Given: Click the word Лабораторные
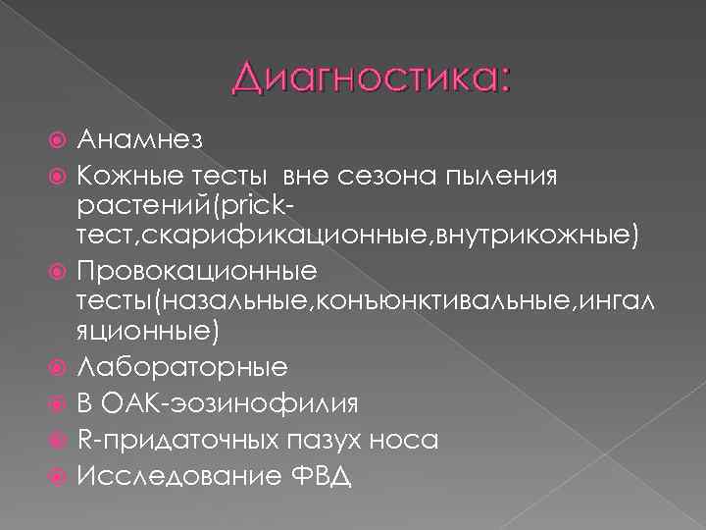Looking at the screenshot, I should click(x=182, y=366).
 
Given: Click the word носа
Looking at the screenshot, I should click(x=404, y=439).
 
